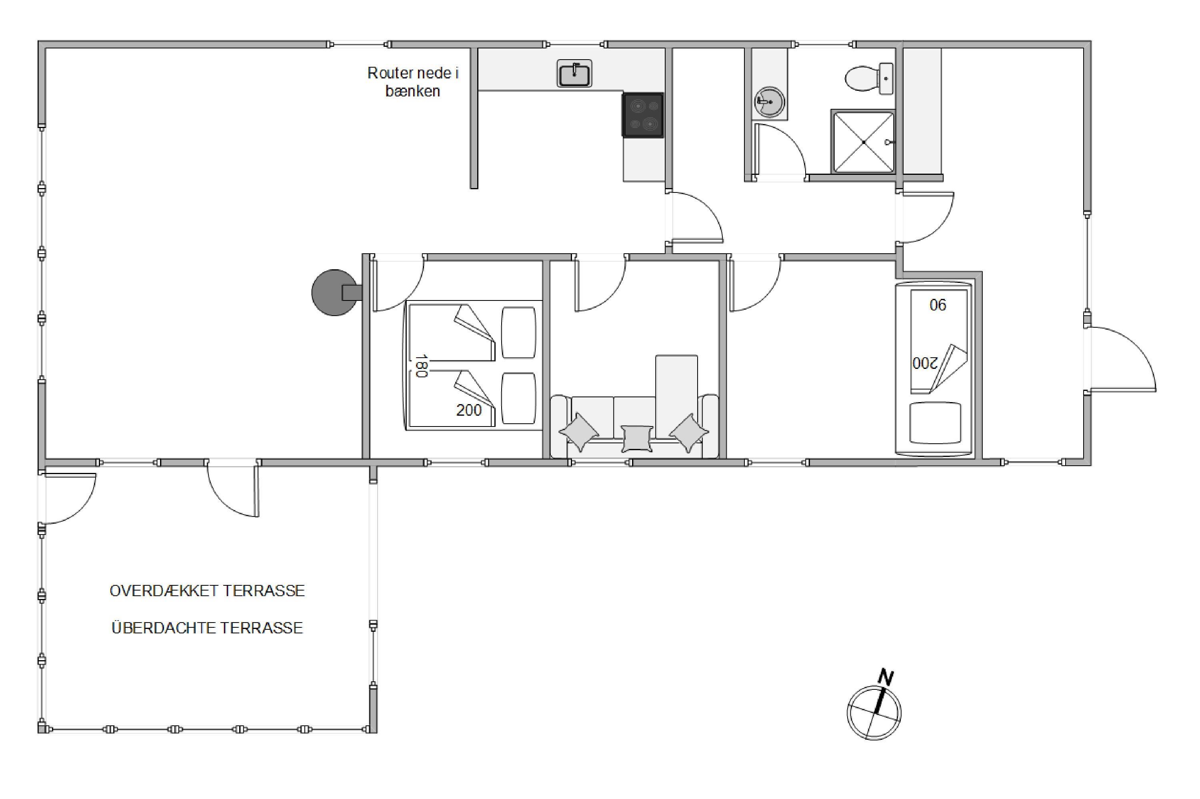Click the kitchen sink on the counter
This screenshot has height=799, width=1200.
pos(574,73)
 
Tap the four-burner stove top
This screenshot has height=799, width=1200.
pos(643,115)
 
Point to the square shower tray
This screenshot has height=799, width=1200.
pos(863,142)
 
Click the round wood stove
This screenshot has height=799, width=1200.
pos(335,292)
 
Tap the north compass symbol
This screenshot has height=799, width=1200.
pos(874,712)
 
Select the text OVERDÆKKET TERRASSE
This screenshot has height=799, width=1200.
pos(207,591)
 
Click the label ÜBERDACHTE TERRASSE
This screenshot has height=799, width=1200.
pos(207,627)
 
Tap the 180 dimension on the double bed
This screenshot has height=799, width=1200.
pos(420,366)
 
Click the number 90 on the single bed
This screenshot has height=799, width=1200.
pos(938,305)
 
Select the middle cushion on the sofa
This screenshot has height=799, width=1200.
pos(637,438)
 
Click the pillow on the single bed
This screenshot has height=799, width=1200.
pos(935,423)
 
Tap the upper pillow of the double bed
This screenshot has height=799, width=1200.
pos(518,332)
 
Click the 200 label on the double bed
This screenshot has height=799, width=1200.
pos(468,410)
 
